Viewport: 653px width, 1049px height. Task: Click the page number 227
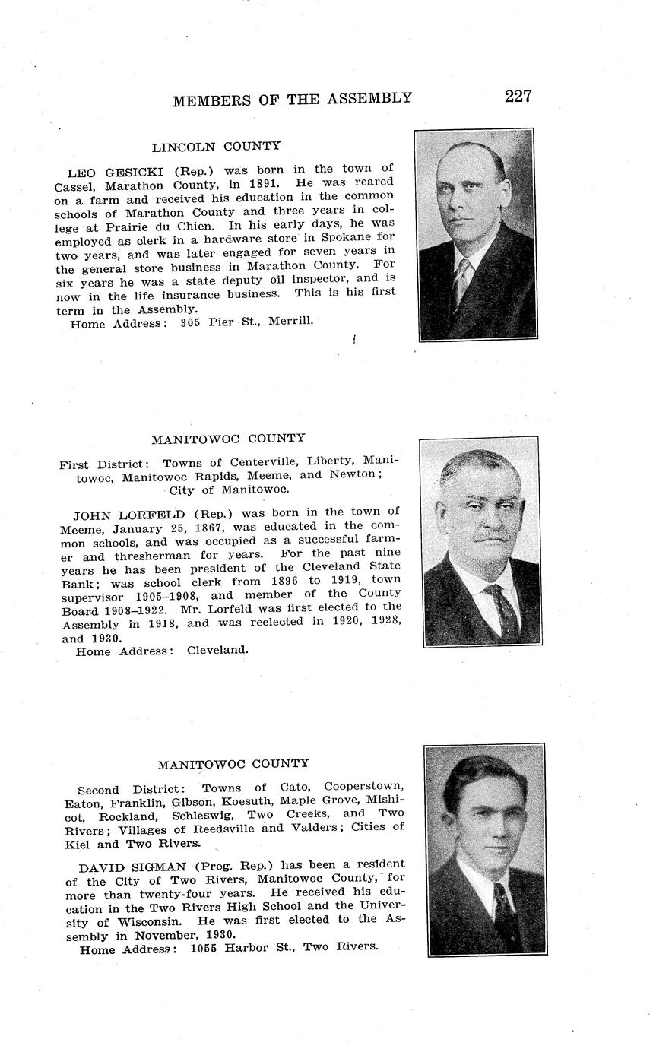[x=518, y=97]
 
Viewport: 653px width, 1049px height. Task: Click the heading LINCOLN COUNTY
[x=216, y=146]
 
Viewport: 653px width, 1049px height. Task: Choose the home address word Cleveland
[x=217, y=651]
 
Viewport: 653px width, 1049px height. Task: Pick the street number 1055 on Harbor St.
[x=204, y=948]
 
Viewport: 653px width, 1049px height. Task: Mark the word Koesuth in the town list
[x=249, y=802]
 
